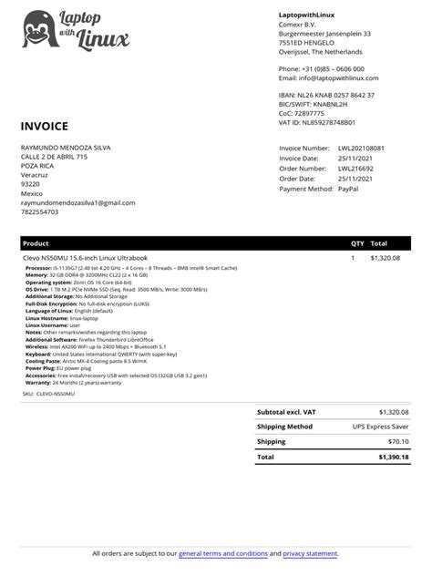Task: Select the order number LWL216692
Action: pos(356,168)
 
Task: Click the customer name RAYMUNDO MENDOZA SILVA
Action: pos(67,147)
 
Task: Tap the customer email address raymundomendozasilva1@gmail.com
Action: pos(77,202)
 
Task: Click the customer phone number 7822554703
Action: pos(39,212)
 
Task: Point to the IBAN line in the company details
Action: pos(326,95)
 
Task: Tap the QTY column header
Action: pos(356,244)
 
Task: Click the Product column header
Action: pos(36,244)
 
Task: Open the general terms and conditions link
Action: pos(223,553)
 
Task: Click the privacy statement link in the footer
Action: pos(310,553)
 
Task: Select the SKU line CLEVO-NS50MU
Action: pos(50,393)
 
